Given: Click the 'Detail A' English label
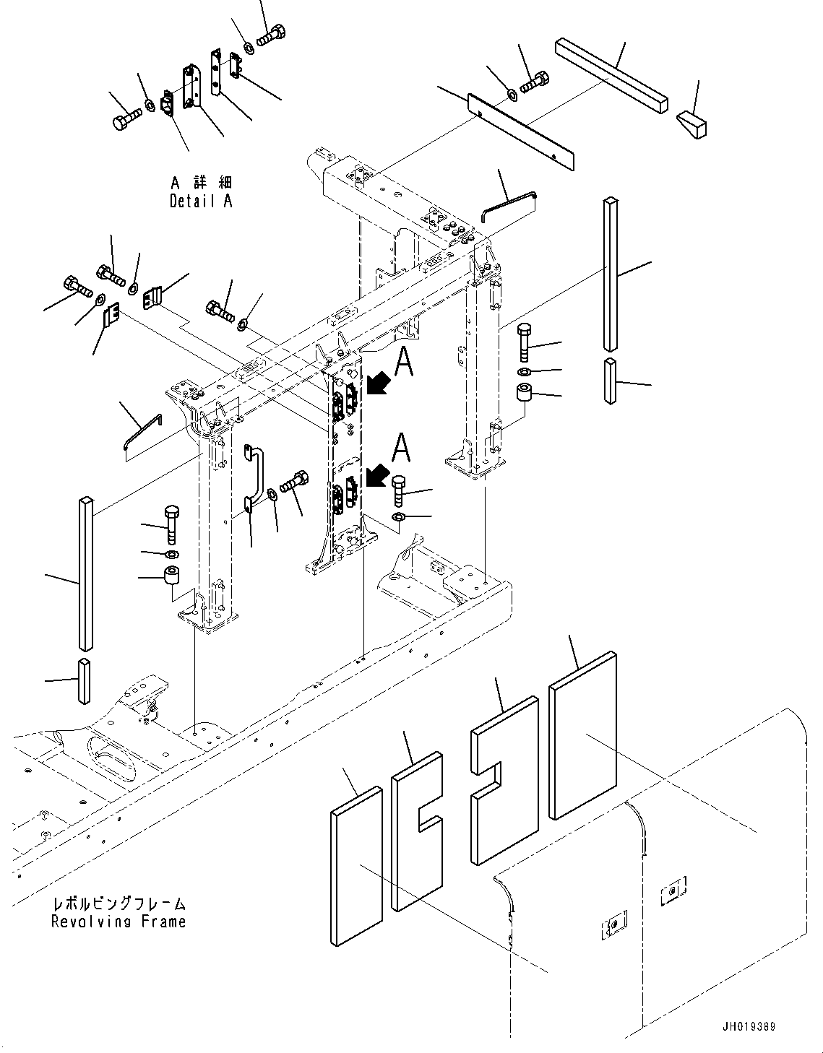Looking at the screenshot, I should point(201,201).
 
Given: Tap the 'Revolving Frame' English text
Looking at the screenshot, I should point(119,922).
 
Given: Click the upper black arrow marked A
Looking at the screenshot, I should point(377,383).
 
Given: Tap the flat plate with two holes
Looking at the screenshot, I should point(521,131).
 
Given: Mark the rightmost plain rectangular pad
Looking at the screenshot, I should point(582,735).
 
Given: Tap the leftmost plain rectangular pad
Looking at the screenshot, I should point(356,867).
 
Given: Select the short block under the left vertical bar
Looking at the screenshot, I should point(85,680).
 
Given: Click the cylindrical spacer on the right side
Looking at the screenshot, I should point(524,397).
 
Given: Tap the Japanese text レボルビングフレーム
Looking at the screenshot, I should point(119,903).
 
